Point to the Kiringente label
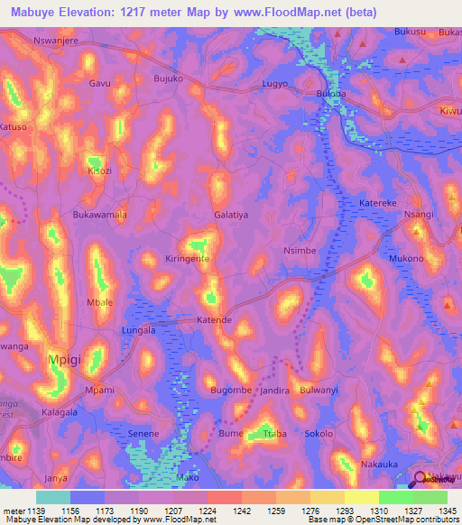point(188,258)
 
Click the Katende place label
point(216,320)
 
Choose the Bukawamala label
point(99,216)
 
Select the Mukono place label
point(405,258)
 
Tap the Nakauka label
point(379,465)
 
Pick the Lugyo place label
point(274,83)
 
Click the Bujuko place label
point(169,79)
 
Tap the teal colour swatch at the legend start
point(52,496)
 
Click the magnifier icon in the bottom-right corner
point(420,480)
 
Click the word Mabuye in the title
point(35,12)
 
